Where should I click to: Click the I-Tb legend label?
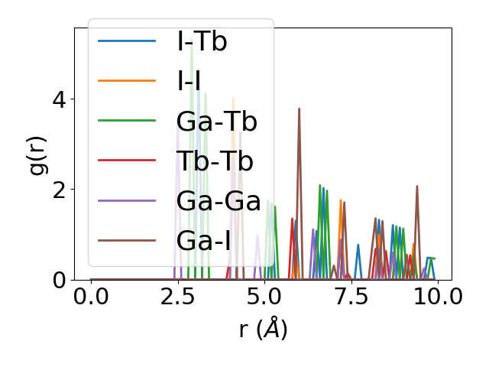click(x=202, y=41)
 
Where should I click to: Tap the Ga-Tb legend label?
click(x=216, y=121)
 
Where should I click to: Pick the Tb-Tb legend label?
click(x=214, y=161)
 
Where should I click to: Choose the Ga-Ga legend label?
click(x=215, y=200)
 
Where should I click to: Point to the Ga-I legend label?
click(x=203, y=240)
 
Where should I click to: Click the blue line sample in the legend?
click(x=127, y=41)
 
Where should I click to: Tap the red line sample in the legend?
click(x=127, y=161)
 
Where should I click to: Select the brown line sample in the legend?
click(x=127, y=240)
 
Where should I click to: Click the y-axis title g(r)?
click(x=38, y=153)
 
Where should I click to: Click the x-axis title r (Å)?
click(x=263, y=330)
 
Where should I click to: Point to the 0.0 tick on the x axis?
click(x=91, y=297)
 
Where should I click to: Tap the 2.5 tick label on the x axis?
click(x=177, y=297)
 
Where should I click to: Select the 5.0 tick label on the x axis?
click(x=264, y=297)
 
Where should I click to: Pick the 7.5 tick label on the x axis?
click(x=351, y=297)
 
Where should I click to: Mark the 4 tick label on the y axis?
click(x=58, y=99)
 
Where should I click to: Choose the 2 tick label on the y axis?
click(x=58, y=189)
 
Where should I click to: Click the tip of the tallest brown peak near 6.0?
click(x=300, y=109)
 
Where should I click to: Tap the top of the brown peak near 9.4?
click(x=417, y=186)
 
